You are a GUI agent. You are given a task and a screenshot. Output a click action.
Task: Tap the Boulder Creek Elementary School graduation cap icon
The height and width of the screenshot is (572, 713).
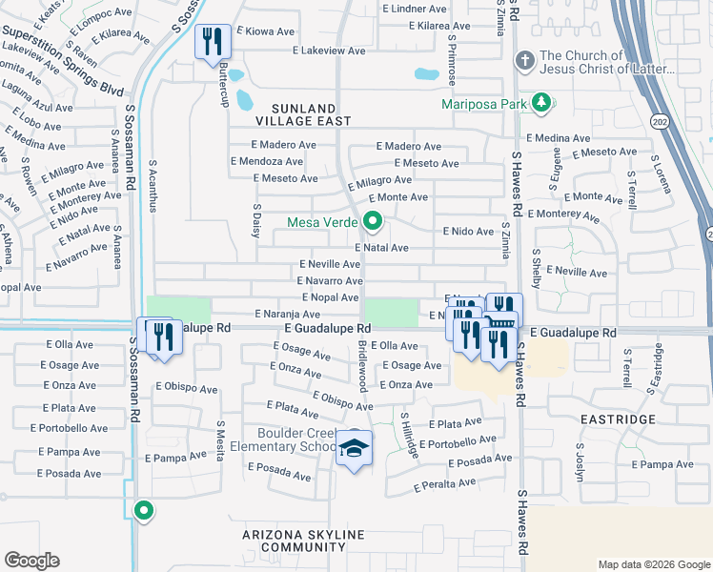tap(354, 449)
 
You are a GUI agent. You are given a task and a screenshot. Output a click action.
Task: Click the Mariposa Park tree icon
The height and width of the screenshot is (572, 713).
tap(540, 103)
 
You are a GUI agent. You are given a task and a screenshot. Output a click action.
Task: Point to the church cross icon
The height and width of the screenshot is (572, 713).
tap(523, 62)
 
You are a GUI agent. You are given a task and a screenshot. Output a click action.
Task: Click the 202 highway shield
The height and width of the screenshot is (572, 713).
tap(659, 121)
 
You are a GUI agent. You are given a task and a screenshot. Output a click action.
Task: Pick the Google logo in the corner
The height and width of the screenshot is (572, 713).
tap(31, 561)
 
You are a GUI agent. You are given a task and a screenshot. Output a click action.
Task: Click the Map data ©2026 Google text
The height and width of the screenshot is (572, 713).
tap(654, 564)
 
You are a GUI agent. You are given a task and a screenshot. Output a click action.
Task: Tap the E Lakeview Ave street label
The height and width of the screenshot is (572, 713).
tap(330, 51)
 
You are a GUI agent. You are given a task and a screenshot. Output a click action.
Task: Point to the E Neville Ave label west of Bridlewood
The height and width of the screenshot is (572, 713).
tap(330, 264)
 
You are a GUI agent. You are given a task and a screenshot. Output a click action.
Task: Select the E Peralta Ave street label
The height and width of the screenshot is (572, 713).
tap(445, 486)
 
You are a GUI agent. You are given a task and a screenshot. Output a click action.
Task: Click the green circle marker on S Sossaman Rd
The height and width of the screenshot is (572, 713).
tap(144, 511)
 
